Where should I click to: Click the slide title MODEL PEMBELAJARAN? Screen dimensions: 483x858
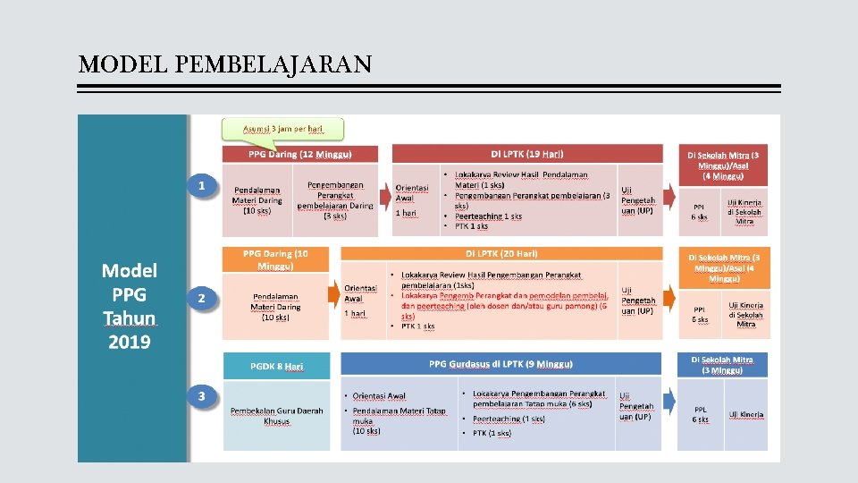(x=225, y=64)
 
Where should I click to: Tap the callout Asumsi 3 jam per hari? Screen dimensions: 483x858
(x=282, y=129)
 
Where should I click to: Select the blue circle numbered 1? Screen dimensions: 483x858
(x=202, y=185)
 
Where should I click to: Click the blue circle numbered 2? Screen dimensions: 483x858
(x=202, y=298)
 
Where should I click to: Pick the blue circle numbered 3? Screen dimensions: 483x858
(x=202, y=395)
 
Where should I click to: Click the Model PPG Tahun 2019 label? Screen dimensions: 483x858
(x=130, y=306)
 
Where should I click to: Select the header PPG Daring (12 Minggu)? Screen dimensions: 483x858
(x=299, y=154)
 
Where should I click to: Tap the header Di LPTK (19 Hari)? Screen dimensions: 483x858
(x=527, y=154)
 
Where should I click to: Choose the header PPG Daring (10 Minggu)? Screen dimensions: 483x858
(x=275, y=259)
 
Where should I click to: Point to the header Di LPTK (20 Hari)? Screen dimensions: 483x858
(x=501, y=253)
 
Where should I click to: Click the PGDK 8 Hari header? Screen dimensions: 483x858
(x=276, y=366)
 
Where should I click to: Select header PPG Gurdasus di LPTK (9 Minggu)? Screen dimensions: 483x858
(x=500, y=364)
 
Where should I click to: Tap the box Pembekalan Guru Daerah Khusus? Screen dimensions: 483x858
(x=276, y=416)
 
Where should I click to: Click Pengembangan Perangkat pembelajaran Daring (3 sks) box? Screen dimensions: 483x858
(x=335, y=200)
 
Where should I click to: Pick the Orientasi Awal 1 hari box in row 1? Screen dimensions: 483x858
(x=412, y=200)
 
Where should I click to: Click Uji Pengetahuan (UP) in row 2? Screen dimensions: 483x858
(x=638, y=301)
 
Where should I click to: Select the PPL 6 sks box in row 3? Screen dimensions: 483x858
(x=700, y=415)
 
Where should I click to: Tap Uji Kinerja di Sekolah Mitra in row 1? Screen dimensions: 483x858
(x=744, y=211)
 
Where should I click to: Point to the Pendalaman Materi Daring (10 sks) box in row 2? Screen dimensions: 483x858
(x=275, y=307)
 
